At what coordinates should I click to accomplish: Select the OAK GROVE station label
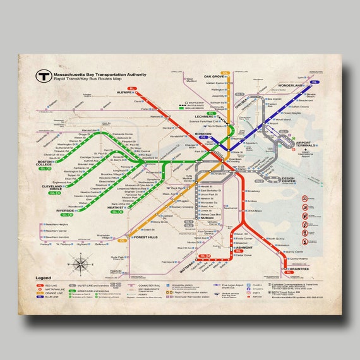[215, 76]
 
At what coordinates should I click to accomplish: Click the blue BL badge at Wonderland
[314, 82]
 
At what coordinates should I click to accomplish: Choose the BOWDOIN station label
[203, 117]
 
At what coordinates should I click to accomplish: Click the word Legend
[44, 278]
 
